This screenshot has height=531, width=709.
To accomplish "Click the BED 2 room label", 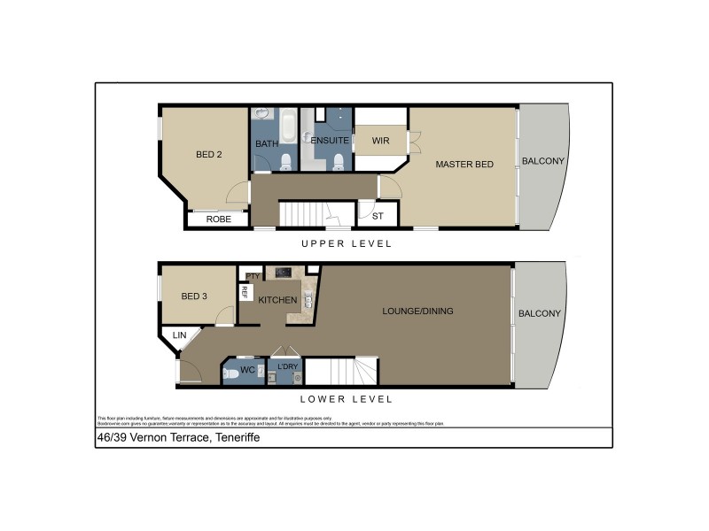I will coord(208,155).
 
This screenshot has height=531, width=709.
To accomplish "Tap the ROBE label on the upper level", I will coord(218,219).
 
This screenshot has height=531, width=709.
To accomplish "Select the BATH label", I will coord(267,143).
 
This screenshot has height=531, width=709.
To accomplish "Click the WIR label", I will coord(381,141).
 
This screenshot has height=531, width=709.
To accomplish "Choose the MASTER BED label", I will coord(464,164).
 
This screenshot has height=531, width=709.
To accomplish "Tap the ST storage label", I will coord(378,215).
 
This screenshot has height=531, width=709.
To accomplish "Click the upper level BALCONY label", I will coord(543,161).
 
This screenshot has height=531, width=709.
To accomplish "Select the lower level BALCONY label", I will coord(540,313).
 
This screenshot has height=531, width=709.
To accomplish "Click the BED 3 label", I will coord(193,296).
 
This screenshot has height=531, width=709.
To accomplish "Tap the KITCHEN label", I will coord(277,300).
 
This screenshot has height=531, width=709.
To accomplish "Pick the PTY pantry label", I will coord(253,276).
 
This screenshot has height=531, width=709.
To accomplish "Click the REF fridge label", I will coord(243,294).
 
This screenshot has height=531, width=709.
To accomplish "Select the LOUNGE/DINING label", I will coord(417,311).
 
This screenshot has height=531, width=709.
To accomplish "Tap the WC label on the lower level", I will coord(248,369).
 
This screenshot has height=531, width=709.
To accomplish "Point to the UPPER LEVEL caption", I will coord(346,243).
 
